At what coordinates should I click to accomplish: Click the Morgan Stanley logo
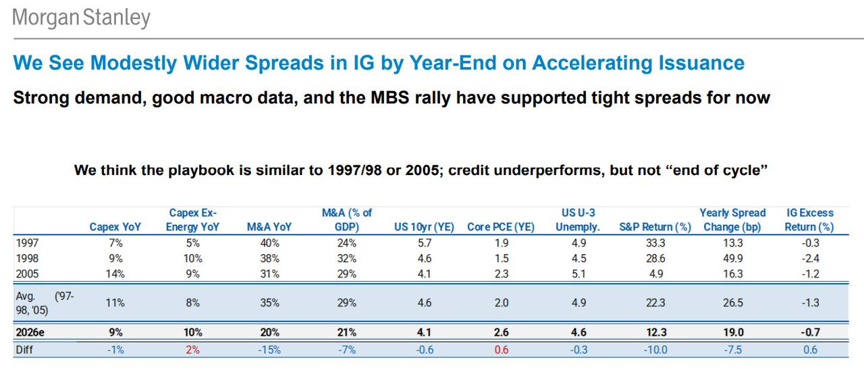coord(81,17)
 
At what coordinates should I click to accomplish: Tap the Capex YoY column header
coord(115,227)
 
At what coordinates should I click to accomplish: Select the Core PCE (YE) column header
coord(501,227)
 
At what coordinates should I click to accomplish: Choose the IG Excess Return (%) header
coord(809,220)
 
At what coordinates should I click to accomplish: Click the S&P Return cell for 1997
coord(655,243)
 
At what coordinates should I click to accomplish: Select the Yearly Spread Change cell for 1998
coord(732,258)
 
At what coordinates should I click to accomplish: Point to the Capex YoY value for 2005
coord(115,274)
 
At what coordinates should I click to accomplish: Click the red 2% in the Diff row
coord(193,349)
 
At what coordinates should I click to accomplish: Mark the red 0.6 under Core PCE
coord(501,349)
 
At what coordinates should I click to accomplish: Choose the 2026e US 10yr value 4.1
coord(424,332)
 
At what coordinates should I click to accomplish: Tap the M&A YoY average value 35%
coord(269,303)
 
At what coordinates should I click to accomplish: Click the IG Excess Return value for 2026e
coord(809,332)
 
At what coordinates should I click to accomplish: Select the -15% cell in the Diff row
coord(269,349)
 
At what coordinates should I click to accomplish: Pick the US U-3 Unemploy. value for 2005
coord(578,274)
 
